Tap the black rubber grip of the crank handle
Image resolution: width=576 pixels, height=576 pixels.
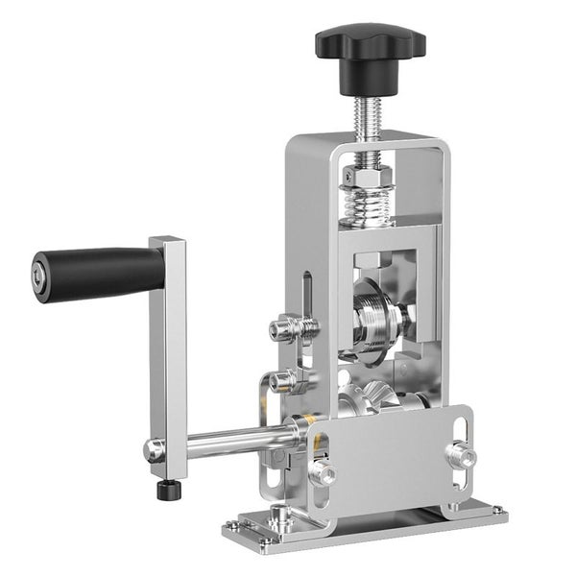tap(101, 274)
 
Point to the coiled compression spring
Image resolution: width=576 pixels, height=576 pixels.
tap(369, 204)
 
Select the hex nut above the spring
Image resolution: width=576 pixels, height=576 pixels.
tap(369, 176)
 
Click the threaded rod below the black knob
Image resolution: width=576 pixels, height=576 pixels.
tap(369, 114)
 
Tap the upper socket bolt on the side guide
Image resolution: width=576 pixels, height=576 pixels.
tap(284, 329)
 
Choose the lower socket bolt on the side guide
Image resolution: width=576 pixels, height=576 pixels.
tap(284, 382)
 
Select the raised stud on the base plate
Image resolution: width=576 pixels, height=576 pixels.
tap(279, 519)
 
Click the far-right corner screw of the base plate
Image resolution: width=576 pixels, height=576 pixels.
tap(496, 511)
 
